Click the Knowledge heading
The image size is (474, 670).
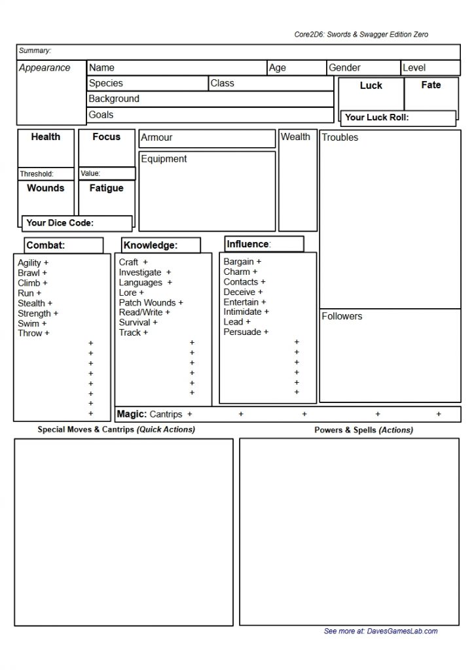point(150,245)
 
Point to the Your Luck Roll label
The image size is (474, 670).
point(376,118)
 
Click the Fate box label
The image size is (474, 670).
point(431,85)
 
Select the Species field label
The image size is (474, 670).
point(105,83)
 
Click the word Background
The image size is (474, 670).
point(114,99)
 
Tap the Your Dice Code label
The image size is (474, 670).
point(60,223)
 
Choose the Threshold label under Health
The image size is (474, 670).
point(37,174)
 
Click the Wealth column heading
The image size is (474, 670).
point(295,137)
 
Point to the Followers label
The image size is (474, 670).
point(342,317)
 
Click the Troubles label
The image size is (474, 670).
point(340,137)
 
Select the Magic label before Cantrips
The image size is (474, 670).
point(131,414)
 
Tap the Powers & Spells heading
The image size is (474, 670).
point(363,430)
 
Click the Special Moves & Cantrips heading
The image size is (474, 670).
point(116,430)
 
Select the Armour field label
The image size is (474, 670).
point(156,137)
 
